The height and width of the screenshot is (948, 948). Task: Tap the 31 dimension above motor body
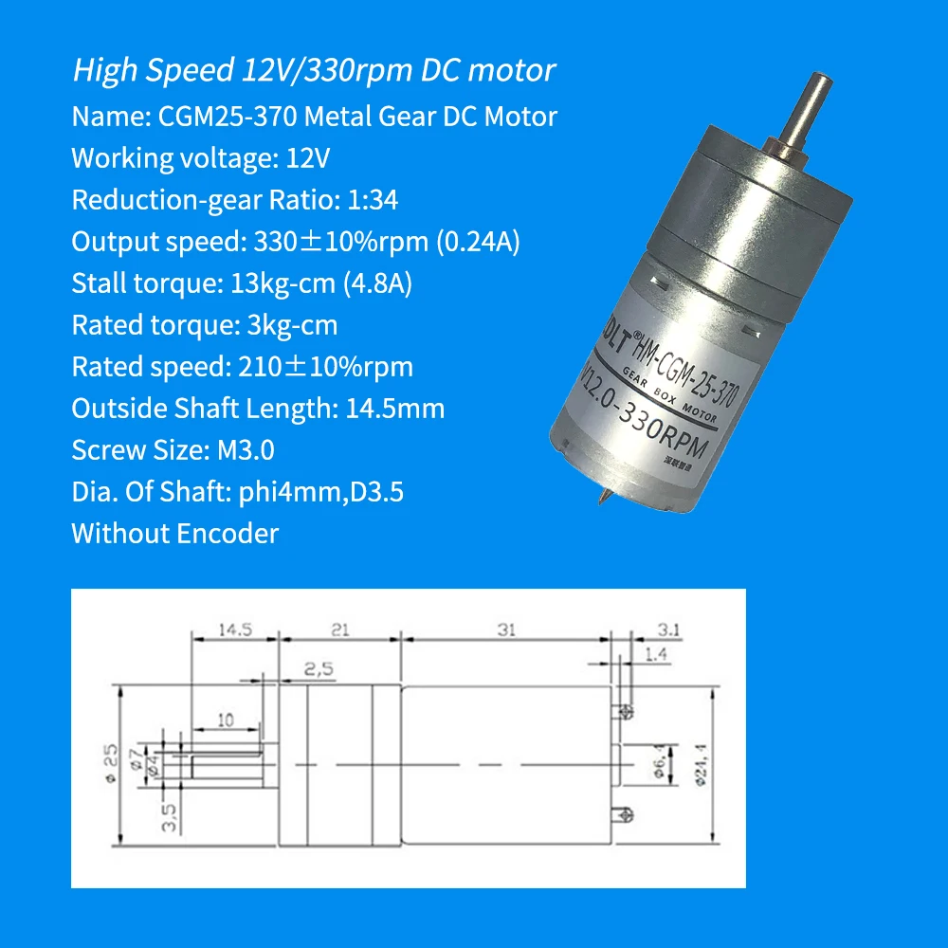(x=506, y=629)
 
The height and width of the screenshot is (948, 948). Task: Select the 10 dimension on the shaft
(x=225, y=720)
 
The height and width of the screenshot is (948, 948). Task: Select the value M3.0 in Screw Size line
(x=241, y=450)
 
